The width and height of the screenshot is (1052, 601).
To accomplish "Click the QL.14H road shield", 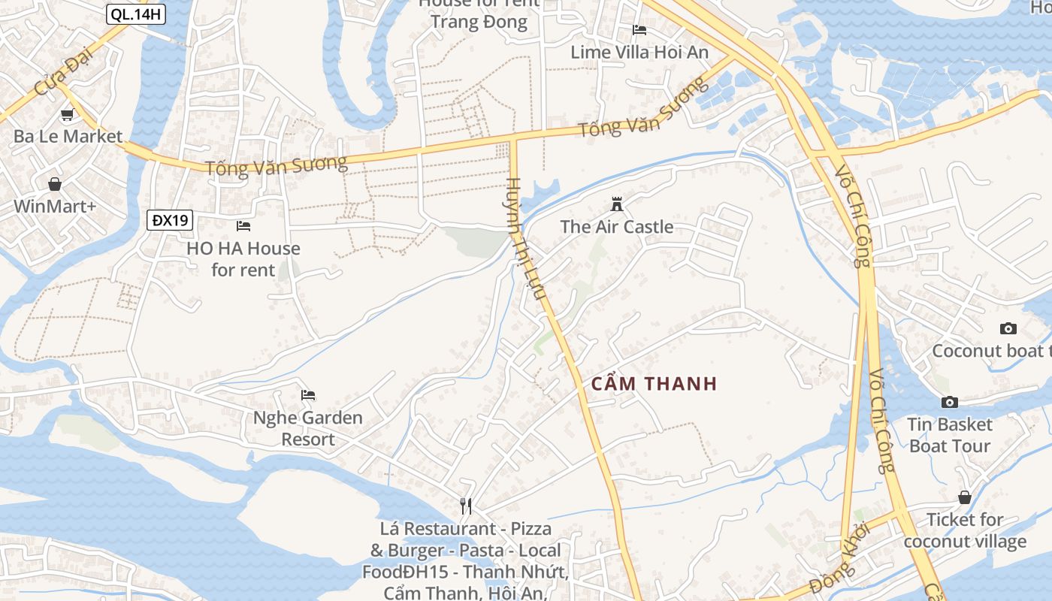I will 136,14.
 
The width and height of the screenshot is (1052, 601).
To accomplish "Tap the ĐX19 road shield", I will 171,220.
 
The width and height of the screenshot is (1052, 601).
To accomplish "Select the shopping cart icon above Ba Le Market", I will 67,115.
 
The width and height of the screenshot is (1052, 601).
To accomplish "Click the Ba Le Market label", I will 68,136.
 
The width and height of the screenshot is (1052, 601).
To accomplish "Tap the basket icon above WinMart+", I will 55,184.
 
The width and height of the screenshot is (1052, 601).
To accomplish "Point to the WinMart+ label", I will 55,206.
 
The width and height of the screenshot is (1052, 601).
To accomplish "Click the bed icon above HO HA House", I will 243,225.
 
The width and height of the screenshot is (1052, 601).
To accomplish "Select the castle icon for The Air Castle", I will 617,204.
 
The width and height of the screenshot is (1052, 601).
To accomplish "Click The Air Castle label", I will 617,226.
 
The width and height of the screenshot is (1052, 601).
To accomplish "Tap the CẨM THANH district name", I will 654,384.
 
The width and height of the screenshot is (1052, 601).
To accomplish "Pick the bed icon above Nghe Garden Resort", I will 308,395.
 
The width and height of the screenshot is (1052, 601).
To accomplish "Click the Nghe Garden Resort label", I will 308,428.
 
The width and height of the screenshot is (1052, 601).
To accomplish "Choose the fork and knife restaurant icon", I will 466,506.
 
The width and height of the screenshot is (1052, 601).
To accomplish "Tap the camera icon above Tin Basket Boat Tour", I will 950,402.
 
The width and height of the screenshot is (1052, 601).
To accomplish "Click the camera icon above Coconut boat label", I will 1008,328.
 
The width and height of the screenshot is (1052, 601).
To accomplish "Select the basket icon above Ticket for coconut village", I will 965,497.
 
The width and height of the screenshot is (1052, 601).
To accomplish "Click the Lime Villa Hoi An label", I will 639,52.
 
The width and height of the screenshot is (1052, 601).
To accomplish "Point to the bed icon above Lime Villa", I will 639,30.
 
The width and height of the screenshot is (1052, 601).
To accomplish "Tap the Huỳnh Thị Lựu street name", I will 525,239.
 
